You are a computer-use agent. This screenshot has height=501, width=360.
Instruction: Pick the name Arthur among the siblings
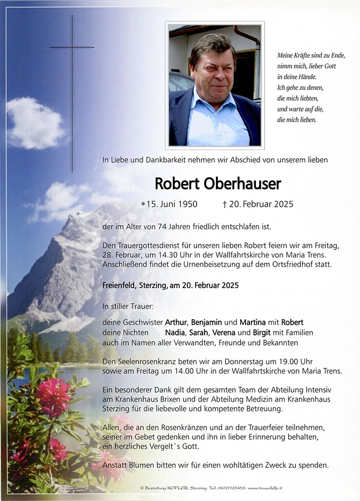pyautogui.click(x=176, y=322)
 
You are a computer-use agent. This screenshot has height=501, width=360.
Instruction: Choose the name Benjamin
pyautogui.click(x=206, y=322)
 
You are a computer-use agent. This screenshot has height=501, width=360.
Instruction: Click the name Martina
pyautogui.click(x=253, y=322)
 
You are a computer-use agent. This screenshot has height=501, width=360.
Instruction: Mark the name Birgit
pyautogui.click(x=261, y=333)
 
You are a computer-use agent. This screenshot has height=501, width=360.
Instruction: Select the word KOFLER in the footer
pyautogui.click(x=178, y=488)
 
